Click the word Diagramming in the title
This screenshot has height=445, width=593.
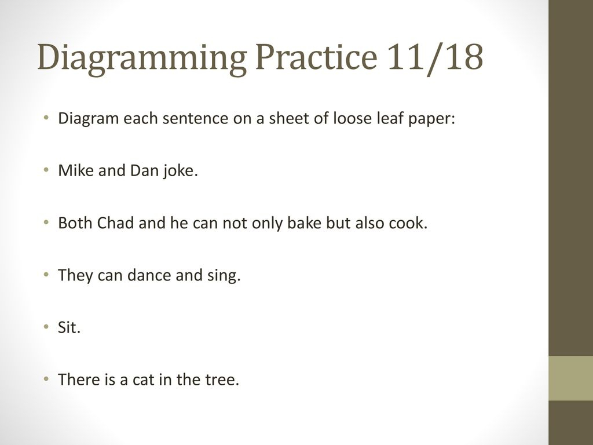click(142, 58)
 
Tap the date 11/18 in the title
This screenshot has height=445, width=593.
click(435, 57)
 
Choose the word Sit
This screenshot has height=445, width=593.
click(69, 327)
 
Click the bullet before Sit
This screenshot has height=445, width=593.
click(46, 327)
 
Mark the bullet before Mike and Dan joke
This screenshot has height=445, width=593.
click(46, 170)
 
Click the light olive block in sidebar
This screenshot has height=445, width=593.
click(570, 378)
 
